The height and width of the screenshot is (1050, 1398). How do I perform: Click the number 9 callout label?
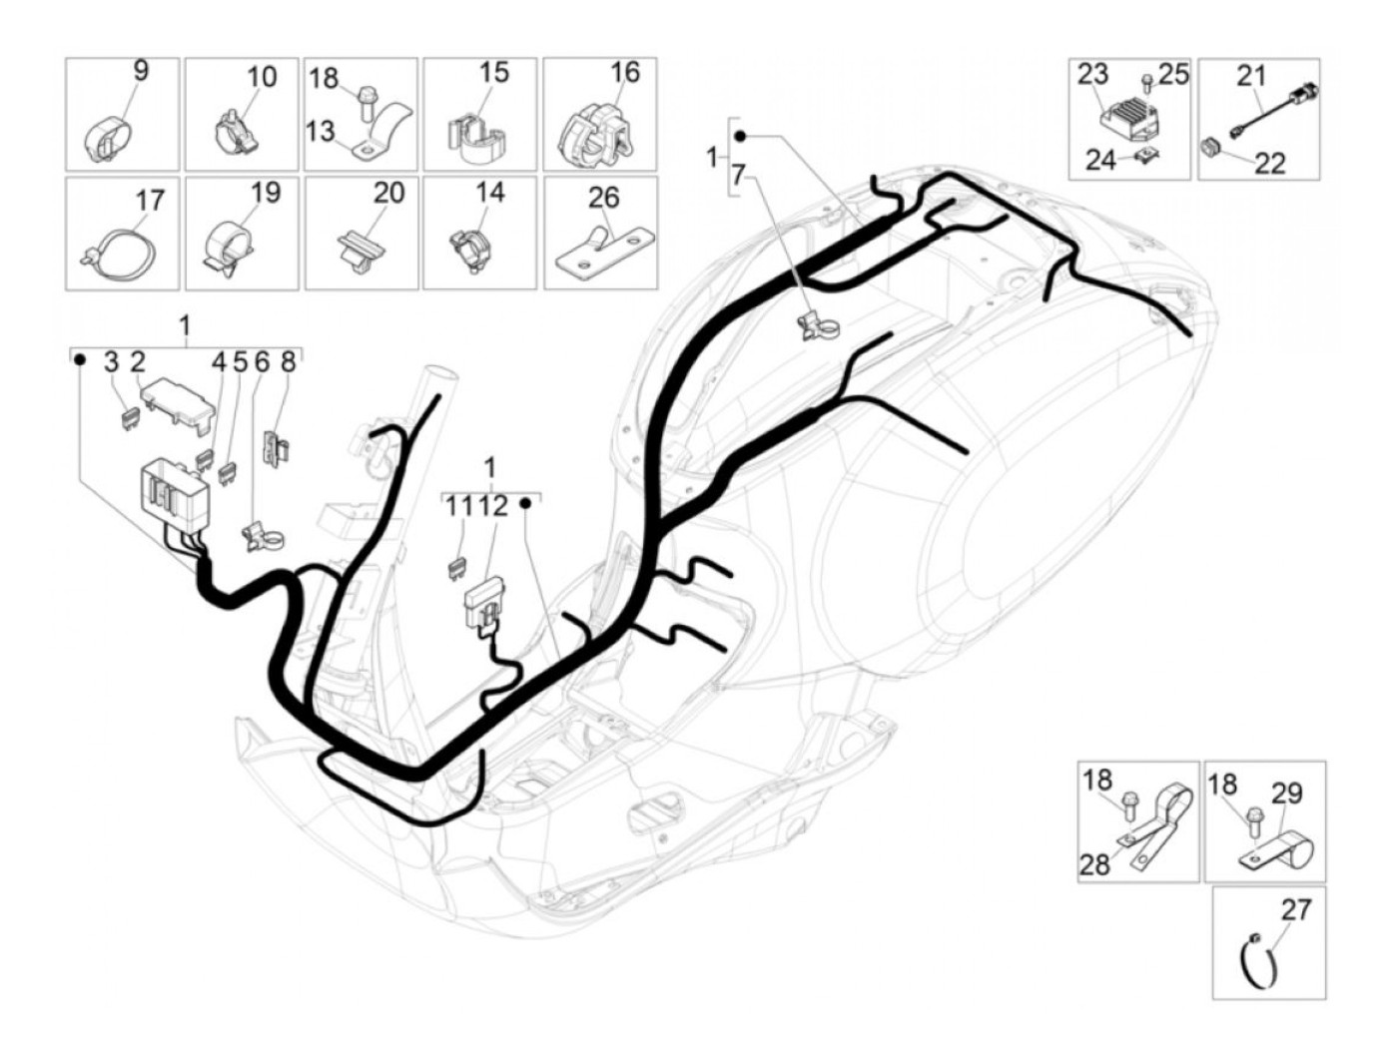click(141, 71)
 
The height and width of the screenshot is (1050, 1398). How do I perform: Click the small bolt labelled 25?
click(1147, 79)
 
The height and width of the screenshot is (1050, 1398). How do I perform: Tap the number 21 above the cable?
click(1251, 75)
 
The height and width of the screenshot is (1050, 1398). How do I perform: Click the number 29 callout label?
click(1287, 793)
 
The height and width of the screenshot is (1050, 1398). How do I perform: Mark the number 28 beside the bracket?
click(1095, 863)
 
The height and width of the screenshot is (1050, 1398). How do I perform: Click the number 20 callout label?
click(388, 192)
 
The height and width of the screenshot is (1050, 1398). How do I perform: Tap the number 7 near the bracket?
click(738, 175)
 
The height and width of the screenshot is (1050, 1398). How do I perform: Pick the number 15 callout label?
click(493, 73)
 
